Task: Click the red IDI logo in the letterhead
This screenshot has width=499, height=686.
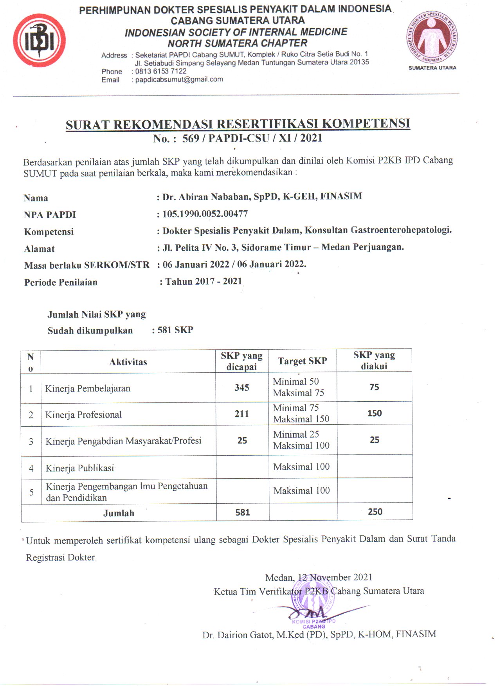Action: click(x=39, y=41)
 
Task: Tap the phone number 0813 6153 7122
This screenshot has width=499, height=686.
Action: click(x=160, y=71)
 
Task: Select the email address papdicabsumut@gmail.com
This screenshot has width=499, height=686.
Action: click(x=179, y=79)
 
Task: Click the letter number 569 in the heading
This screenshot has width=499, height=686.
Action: click(x=191, y=138)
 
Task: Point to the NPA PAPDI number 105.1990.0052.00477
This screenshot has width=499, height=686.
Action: click(x=205, y=214)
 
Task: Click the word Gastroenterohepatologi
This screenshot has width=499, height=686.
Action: click(x=400, y=230)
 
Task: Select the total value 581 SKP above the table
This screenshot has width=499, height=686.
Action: click(x=175, y=330)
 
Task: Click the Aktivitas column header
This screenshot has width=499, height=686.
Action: click(x=128, y=362)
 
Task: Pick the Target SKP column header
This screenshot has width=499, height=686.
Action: click(x=302, y=361)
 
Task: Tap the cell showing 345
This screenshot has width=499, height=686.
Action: click(x=242, y=388)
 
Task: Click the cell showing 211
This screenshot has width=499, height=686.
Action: click(x=242, y=414)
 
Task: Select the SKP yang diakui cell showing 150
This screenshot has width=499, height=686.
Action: click(x=375, y=413)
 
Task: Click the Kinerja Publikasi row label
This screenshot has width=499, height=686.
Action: click(x=80, y=468)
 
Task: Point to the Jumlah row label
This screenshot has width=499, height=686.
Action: click(x=119, y=513)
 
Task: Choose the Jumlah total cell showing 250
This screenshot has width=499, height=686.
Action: click(x=375, y=512)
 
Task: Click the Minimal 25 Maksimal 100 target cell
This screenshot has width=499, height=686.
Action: click(x=301, y=440)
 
